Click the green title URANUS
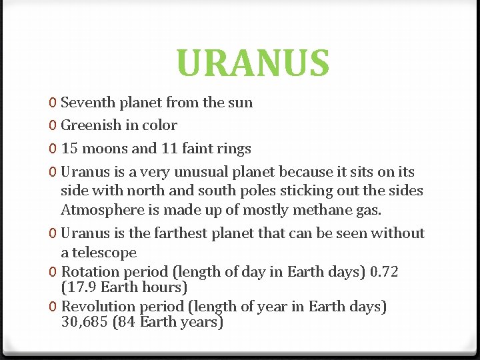pyautogui.click(x=253, y=63)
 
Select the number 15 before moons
pyautogui.click(x=69, y=148)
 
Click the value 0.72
pyautogui.click(x=384, y=272)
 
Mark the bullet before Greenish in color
pyautogui.click(x=52, y=125)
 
